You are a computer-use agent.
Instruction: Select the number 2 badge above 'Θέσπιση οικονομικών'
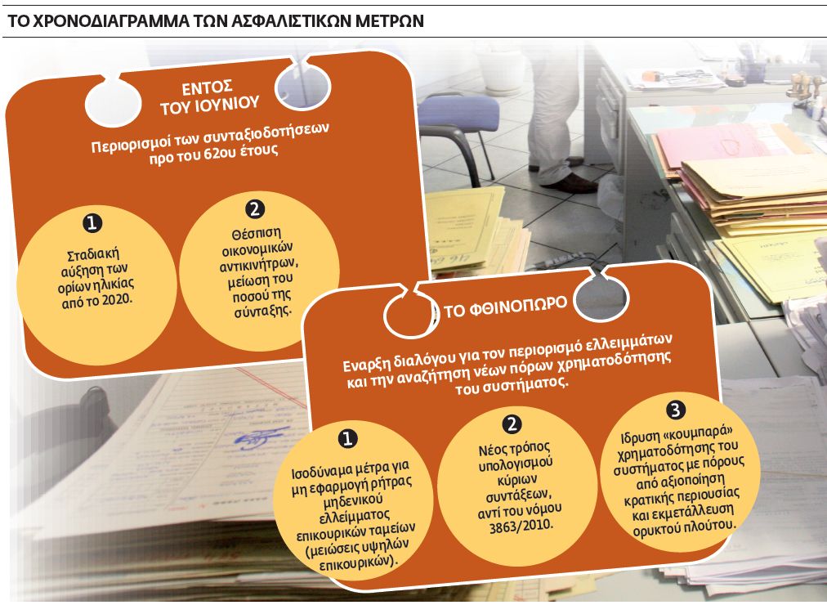tap(255, 209)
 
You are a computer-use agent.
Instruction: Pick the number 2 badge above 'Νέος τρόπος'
tap(512, 423)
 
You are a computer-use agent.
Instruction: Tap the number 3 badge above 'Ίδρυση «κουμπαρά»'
tap(674, 408)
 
